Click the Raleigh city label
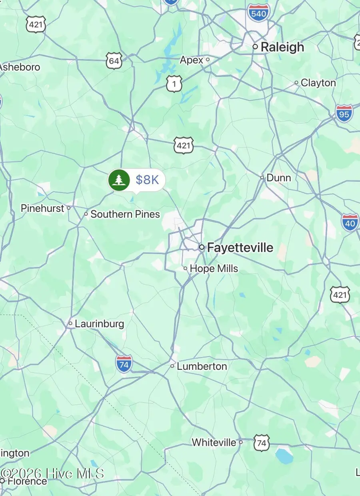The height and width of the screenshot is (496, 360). [x=282, y=47]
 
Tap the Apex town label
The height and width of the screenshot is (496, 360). [x=192, y=60]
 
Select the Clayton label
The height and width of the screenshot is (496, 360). [x=318, y=83]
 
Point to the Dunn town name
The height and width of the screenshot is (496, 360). [x=278, y=178]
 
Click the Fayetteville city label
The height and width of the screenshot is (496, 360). [x=240, y=248]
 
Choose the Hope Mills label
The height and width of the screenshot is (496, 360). [x=214, y=269]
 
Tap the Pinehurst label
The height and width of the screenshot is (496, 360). [x=42, y=208]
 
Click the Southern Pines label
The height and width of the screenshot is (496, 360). [x=125, y=214]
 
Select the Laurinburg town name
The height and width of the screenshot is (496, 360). [x=99, y=323]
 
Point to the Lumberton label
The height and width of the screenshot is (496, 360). [x=202, y=366]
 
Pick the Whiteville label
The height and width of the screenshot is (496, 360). [x=214, y=442]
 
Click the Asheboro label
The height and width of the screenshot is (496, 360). [x=20, y=67]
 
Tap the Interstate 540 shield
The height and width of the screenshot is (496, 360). [x=258, y=12]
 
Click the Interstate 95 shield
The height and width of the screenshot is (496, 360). [x=344, y=113]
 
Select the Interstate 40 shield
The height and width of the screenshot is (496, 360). [x=350, y=222]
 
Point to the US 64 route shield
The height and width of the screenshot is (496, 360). [x=114, y=61]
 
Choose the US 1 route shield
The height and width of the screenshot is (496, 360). [x=174, y=84]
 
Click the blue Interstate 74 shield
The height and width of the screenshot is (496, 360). [x=124, y=364]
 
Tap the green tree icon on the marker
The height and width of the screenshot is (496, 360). [x=119, y=180]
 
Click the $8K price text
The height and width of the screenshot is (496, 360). [x=147, y=180]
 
